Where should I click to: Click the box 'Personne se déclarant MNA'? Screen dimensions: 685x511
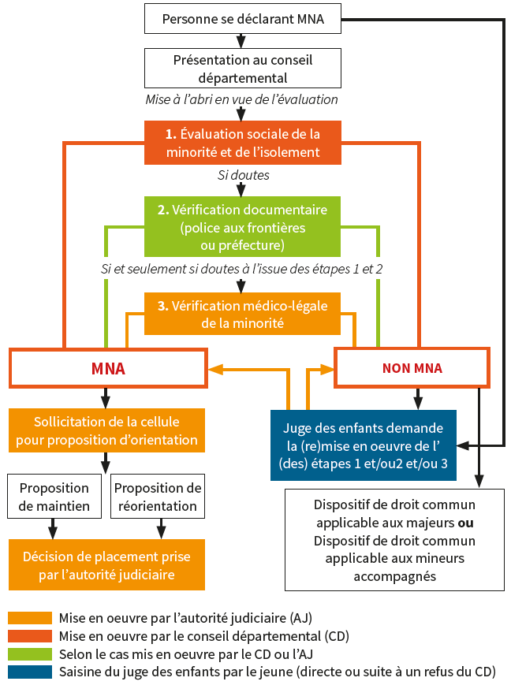[x=242, y=18]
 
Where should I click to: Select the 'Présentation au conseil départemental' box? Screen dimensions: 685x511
[x=242, y=68]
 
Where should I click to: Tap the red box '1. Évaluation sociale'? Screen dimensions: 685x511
[x=242, y=143]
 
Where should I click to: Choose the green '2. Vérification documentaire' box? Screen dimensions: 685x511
[x=242, y=228]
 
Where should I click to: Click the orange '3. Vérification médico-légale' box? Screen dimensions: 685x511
[x=242, y=314]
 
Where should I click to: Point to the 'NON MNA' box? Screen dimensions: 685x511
[x=412, y=368]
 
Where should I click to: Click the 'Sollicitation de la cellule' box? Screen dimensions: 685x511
[x=106, y=430]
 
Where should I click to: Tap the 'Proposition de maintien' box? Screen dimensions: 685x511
[x=54, y=497]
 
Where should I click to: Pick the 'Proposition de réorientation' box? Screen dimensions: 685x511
[x=158, y=497]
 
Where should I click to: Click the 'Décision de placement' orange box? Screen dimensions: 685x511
[x=106, y=566]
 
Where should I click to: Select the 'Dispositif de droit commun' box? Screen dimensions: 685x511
[x=394, y=540]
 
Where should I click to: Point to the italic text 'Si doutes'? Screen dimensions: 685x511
[x=243, y=175]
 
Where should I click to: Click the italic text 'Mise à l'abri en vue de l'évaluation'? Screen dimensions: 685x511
[x=241, y=100]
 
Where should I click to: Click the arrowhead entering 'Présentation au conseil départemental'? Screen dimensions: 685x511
[x=242, y=43]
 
